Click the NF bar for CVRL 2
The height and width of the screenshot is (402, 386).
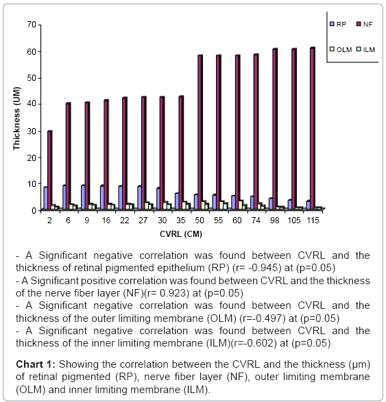click(x=50, y=170)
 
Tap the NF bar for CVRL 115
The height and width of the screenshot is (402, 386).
click(x=313, y=128)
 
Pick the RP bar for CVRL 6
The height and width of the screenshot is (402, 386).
click(x=64, y=197)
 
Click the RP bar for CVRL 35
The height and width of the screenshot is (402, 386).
click(x=177, y=201)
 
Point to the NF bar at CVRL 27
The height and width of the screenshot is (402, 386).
click(x=144, y=153)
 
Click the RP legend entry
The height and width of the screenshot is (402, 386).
click(x=338, y=24)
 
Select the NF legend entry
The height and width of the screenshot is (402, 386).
click(x=365, y=24)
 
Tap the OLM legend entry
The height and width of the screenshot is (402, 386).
click(x=341, y=49)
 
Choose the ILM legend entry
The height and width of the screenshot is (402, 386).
click(x=365, y=49)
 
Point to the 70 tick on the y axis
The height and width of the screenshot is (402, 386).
click(x=39, y=25)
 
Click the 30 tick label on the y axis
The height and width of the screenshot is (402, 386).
click(x=32, y=131)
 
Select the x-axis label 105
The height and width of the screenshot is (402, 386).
click(x=294, y=221)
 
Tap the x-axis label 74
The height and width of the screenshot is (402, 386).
click(x=256, y=221)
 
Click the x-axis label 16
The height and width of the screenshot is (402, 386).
click(x=106, y=221)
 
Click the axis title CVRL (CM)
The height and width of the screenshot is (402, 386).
click(x=181, y=234)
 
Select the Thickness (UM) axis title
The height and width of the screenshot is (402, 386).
click(x=16, y=118)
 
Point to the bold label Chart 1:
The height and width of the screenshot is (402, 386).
click(x=36, y=364)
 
